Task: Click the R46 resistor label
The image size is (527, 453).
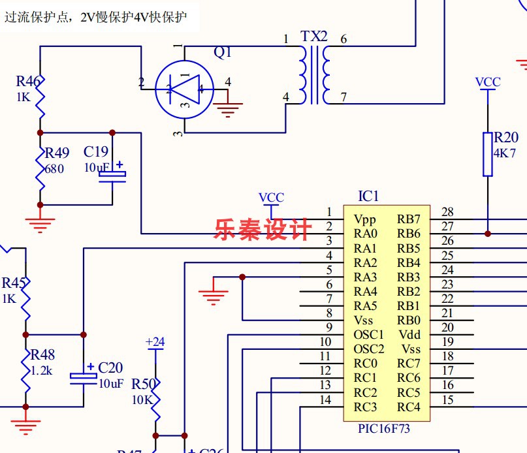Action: (x=29, y=82)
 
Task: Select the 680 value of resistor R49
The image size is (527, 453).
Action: (x=54, y=168)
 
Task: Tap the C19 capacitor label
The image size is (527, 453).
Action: (x=96, y=152)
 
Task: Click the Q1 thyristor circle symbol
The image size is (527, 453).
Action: (x=185, y=90)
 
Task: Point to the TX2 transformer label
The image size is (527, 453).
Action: (x=313, y=36)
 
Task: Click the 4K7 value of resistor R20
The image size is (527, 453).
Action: (x=505, y=153)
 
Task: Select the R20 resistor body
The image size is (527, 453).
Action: (x=487, y=154)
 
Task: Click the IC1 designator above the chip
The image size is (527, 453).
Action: (x=368, y=196)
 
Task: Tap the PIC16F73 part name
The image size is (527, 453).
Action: (x=384, y=429)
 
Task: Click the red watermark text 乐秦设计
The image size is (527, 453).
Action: (x=263, y=230)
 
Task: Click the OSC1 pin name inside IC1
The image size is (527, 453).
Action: (x=369, y=335)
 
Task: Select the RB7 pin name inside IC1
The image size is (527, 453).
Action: (x=409, y=219)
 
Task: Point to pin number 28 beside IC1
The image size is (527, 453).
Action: (x=447, y=211)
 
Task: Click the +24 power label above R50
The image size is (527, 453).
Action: (x=155, y=342)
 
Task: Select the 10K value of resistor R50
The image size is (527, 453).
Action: (x=142, y=399)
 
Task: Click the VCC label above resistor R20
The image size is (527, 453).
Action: (x=488, y=82)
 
